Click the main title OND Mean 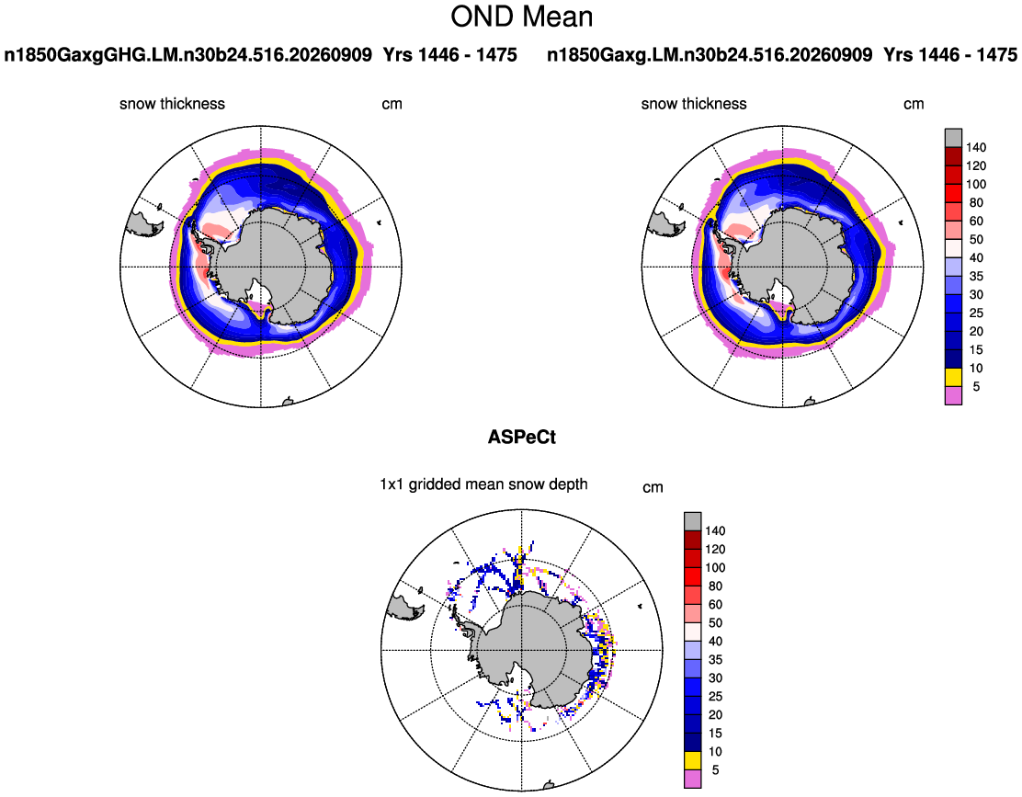[x=521, y=17]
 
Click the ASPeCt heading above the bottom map [x=521, y=437]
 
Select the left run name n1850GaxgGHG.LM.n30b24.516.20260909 [x=188, y=55]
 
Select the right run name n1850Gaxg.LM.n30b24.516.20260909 [x=710, y=55]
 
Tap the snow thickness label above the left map [x=172, y=104]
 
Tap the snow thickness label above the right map [x=694, y=104]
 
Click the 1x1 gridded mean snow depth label [x=483, y=484]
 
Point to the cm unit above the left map [x=392, y=104]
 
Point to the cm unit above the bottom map [x=653, y=487]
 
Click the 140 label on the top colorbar [x=976, y=147]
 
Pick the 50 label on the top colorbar [x=976, y=239]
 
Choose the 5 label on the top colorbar [x=976, y=386]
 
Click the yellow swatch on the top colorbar [x=954, y=377]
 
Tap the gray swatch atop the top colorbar [x=954, y=138]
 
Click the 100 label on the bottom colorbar [x=715, y=567]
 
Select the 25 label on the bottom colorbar [x=715, y=697]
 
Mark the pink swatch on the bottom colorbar [x=693, y=780]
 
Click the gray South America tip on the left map [x=143, y=224]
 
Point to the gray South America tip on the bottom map [x=404, y=608]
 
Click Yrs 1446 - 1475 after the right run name [x=950, y=55]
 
